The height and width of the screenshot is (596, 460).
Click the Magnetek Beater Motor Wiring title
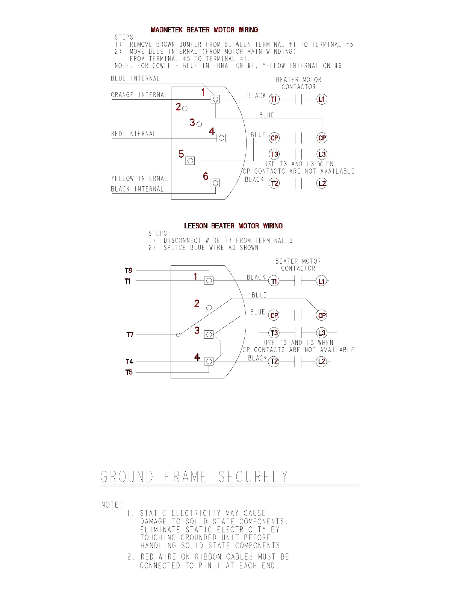pyautogui.click(x=204, y=30)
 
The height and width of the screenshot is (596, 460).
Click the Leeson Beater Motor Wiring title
pyautogui.click(x=233, y=226)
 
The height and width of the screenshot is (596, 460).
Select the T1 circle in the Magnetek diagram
pyautogui.click(x=274, y=99)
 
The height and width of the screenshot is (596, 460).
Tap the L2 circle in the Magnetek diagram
pyautogui.click(x=322, y=183)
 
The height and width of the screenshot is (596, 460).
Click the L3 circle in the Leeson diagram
pyautogui.click(x=322, y=333)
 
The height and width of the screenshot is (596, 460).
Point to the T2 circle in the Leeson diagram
pyautogui.click(x=274, y=362)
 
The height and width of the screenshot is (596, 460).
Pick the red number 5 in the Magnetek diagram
pyautogui.click(x=181, y=154)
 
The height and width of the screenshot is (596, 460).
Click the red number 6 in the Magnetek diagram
pyautogui.click(x=206, y=176)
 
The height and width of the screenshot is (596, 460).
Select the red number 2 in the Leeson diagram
pyautogui.click(x=197, y=303)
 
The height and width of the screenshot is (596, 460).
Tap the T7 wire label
pyautogui.click(x=130, y=334)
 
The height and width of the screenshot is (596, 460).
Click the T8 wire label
pyautogui.click(x=129, y=270)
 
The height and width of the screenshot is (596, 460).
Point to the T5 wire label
pyautogui.click(x=129, y=372)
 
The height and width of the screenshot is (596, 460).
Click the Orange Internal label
pyautogui.click(x=139, y=95)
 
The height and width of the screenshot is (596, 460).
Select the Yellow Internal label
pyautogui.click(x=139, y=178)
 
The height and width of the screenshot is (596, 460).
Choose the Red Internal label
pyautogui.click(x=133, y=134)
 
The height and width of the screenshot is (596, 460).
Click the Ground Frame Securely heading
pyautogui.click(x=194, y=477)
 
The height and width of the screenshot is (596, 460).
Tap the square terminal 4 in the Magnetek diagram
pyautogui.click(x=221, y=138)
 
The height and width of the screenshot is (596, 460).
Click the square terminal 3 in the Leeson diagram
pyautogui.click(x=209, y=334)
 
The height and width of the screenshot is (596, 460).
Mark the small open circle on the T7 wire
pyautogui.click(x=178, y=335)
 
